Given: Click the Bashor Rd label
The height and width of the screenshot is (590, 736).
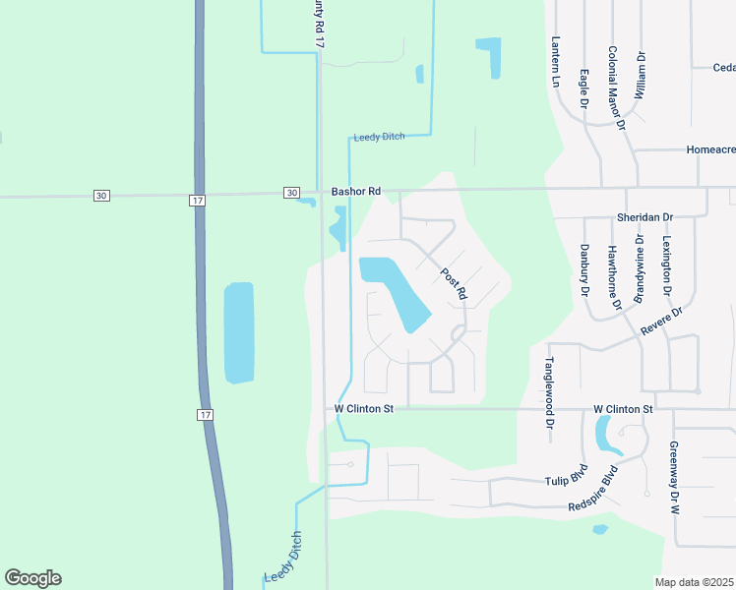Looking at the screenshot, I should [x=355, y=192].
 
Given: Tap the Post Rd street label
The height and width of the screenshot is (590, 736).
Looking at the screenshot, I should [x=454, y=284].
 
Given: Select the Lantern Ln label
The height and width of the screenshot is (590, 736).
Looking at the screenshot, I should [x=556, y=63].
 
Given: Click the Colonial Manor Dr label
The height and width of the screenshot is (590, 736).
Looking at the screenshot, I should [x=616, y=88].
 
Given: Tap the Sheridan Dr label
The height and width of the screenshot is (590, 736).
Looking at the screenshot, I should [x=645, y=217].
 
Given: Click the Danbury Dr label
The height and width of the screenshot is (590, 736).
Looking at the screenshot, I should [x=583, y=271].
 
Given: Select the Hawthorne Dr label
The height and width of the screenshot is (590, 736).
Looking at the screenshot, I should [x=614, y=277].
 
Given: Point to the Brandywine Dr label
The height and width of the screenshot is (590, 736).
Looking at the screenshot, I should [x=640, y=266].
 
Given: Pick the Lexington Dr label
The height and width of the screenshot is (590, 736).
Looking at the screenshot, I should [x=666, y=265].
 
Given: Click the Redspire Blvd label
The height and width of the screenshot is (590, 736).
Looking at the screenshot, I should [x=598, y=496].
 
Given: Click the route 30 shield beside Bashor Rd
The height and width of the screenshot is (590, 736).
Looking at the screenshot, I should [x=291, y=193].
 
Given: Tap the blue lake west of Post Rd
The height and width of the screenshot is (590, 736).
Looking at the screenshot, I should [x=394, y=290].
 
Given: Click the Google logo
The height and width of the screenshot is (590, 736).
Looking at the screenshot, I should [x=32, y=578].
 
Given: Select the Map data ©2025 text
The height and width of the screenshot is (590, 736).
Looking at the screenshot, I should [x=695, y=582].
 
